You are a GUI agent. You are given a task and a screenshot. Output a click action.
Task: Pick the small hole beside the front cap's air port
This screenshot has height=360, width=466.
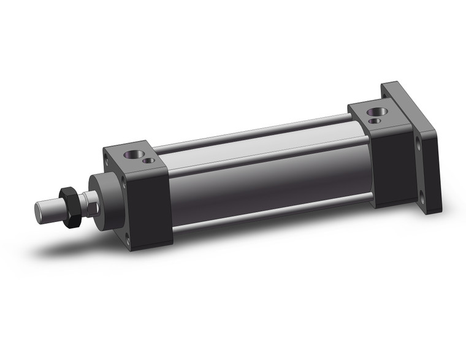click(x=147, y=161)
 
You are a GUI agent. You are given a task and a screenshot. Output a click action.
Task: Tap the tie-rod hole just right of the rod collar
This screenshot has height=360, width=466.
click(x=124, y=183)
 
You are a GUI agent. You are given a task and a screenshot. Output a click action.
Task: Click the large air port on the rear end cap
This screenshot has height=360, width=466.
click(x=375, y=113)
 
